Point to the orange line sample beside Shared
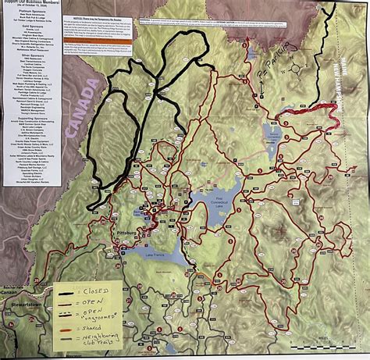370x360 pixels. click(x=69, y=329)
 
